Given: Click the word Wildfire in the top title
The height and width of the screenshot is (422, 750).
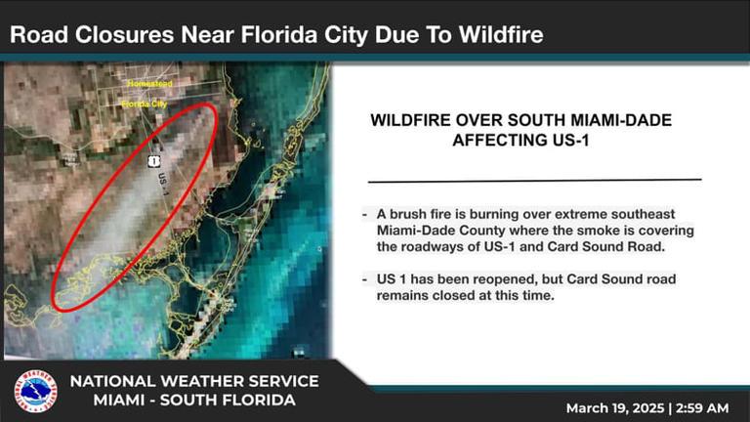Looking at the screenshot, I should (496, 36).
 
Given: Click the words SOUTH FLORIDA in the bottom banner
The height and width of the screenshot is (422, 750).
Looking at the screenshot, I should (231, 401).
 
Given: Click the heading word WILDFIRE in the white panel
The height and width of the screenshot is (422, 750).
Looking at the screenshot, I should (416, 120).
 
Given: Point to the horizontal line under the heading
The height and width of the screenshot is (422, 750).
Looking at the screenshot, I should (535, 180).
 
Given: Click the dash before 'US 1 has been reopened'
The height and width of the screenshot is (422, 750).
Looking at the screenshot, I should (364, 278).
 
